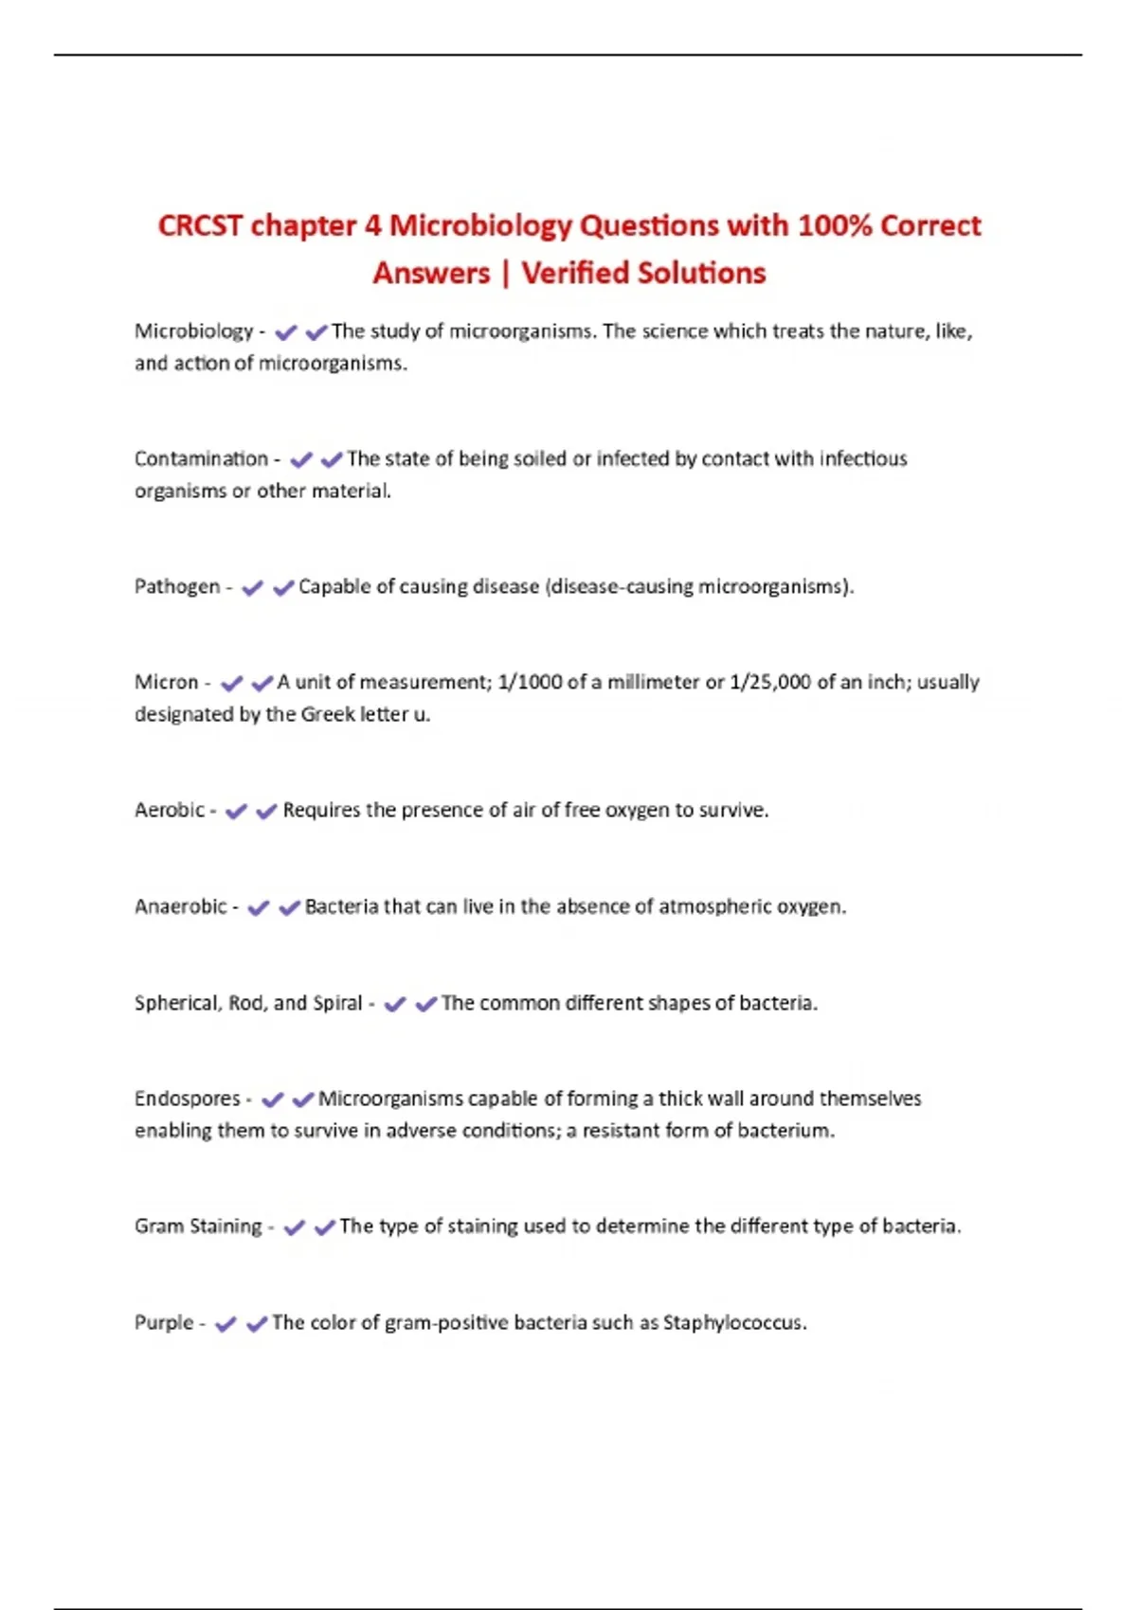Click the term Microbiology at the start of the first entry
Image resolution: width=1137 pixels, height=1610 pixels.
point(193,331)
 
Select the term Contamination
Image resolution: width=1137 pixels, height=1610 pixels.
point(201,459)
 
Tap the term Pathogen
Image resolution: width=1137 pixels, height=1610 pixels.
point(177,587)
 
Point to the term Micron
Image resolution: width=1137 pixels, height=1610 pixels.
point(167,683)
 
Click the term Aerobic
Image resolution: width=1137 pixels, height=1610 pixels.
point(170,811)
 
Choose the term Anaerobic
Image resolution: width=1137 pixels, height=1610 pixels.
point(181,907)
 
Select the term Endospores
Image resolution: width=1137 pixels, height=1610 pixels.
point(188,1100)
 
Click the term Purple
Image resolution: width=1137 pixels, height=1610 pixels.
point(164,1323)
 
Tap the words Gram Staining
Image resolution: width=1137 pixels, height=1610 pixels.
point(198,1226)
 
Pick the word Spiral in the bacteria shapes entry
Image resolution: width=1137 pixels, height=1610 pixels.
point(337,1004)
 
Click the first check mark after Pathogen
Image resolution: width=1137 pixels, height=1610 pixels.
point(252,588)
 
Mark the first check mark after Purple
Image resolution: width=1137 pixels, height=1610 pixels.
point(226,1324)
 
